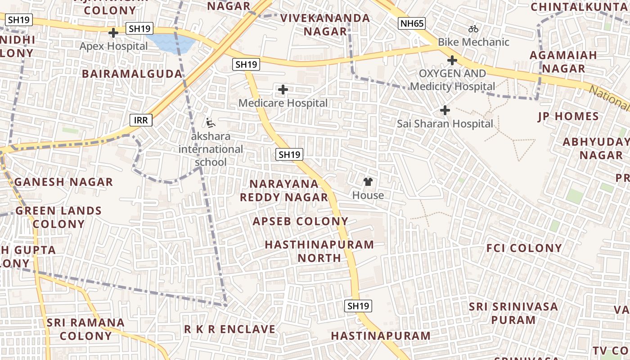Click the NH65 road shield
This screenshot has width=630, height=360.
411,23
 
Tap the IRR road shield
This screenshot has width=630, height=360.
141,120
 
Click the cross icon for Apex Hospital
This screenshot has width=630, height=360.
113,33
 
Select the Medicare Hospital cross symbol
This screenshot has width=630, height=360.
283,90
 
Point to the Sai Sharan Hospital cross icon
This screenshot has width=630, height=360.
445,110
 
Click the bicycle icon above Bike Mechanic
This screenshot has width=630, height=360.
473,29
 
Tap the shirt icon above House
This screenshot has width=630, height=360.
368,182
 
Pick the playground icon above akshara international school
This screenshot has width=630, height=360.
210,122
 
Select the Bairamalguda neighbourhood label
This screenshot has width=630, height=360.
132,74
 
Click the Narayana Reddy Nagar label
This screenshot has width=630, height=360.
284,190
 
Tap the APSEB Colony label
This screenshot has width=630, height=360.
300,221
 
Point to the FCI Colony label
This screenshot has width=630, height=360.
524,248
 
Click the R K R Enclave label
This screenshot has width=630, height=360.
229,329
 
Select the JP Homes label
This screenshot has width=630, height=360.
568,117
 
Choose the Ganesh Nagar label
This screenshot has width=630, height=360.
63,182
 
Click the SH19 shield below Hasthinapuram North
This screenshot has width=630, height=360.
358,306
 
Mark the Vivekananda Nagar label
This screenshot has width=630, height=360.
325,25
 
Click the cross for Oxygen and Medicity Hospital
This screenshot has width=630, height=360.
452,60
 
